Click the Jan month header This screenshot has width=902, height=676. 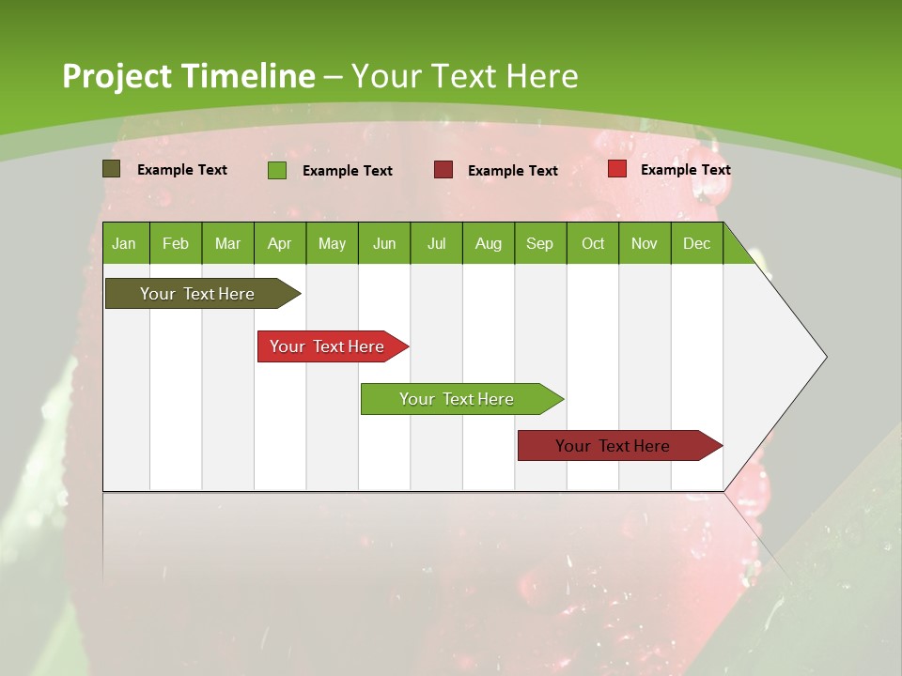pyautogui.click(x=125, y=243)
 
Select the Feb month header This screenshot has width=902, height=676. pyautogui.click(x=176, y=243)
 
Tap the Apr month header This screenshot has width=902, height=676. pyautogui.click(x=280, y=243)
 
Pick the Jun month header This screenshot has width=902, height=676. pyautogui.click(x=384, y=243)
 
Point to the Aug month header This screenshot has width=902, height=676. pyautogui.click(x=489, y=243)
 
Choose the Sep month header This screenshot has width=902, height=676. pyautogui.click(x=540, y=243)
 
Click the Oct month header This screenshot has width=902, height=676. pyautogui.click(x=593, y=243)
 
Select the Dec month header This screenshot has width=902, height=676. pyautogui.click(x=697, y=243)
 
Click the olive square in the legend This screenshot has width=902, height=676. pyautogui.click(x=112, y=169)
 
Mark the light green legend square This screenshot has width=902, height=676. pyautogui.click(x=277, y=170)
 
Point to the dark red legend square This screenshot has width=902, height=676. pyautogui.click(x=443, y=169)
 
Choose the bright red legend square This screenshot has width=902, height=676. pyautogui.click(x=617, y=169)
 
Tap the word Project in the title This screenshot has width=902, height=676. pyautogui.click(x=117, y=76)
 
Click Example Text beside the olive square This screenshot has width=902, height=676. pyautogui.click(x=182, y=170)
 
